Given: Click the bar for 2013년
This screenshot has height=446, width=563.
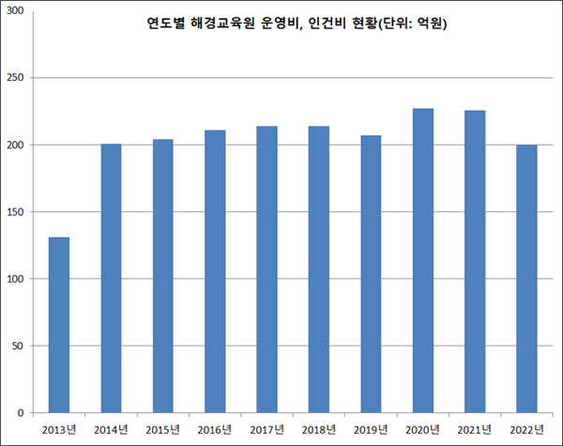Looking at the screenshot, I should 59,325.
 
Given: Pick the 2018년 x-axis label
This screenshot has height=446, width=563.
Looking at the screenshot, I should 319,429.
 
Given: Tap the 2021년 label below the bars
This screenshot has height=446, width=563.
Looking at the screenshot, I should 475,429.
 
